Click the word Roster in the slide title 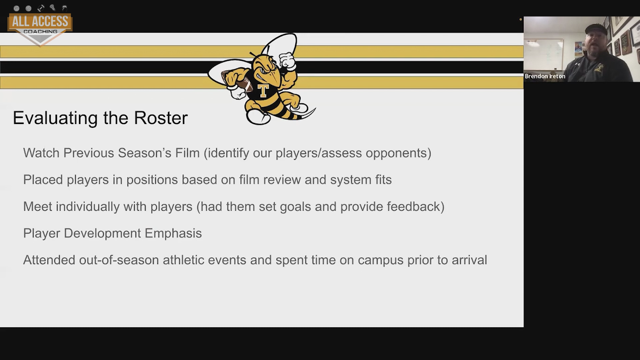pyautogui.click(x=161, y=118)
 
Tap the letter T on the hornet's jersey pyautogui.click(x=263, y=91)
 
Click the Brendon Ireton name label pyautogui.click(x=545, y=76)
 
